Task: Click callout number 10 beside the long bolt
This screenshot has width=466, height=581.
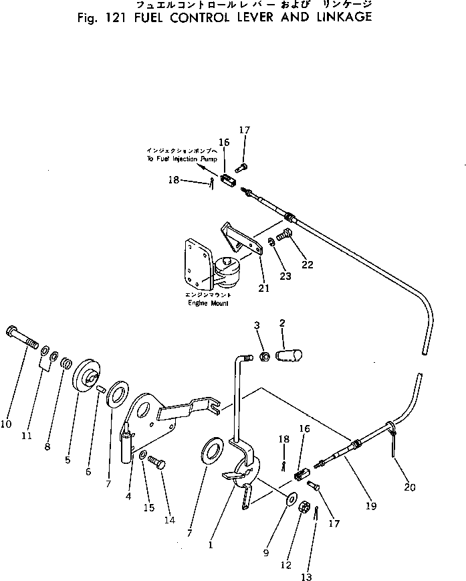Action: (x=8, y=423)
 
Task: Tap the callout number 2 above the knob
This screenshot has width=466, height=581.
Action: (x=283, y=323)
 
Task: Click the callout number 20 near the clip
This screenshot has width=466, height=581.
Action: (x=409, y=487)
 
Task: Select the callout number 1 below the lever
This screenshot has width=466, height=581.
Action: (x=211, y=545)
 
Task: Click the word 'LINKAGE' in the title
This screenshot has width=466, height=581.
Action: (x=341, y=16)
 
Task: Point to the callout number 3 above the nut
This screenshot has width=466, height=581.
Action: (x=256, y=325)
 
